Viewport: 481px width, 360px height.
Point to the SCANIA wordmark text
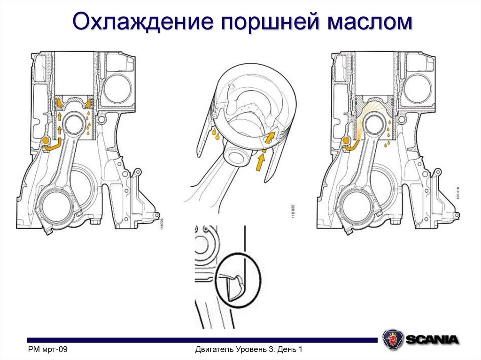tap(432, 339)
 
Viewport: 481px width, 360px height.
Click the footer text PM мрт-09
tap(47, 350)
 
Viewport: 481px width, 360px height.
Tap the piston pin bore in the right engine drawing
tap(375, 125)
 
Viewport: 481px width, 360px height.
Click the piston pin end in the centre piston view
tap(237, 155)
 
